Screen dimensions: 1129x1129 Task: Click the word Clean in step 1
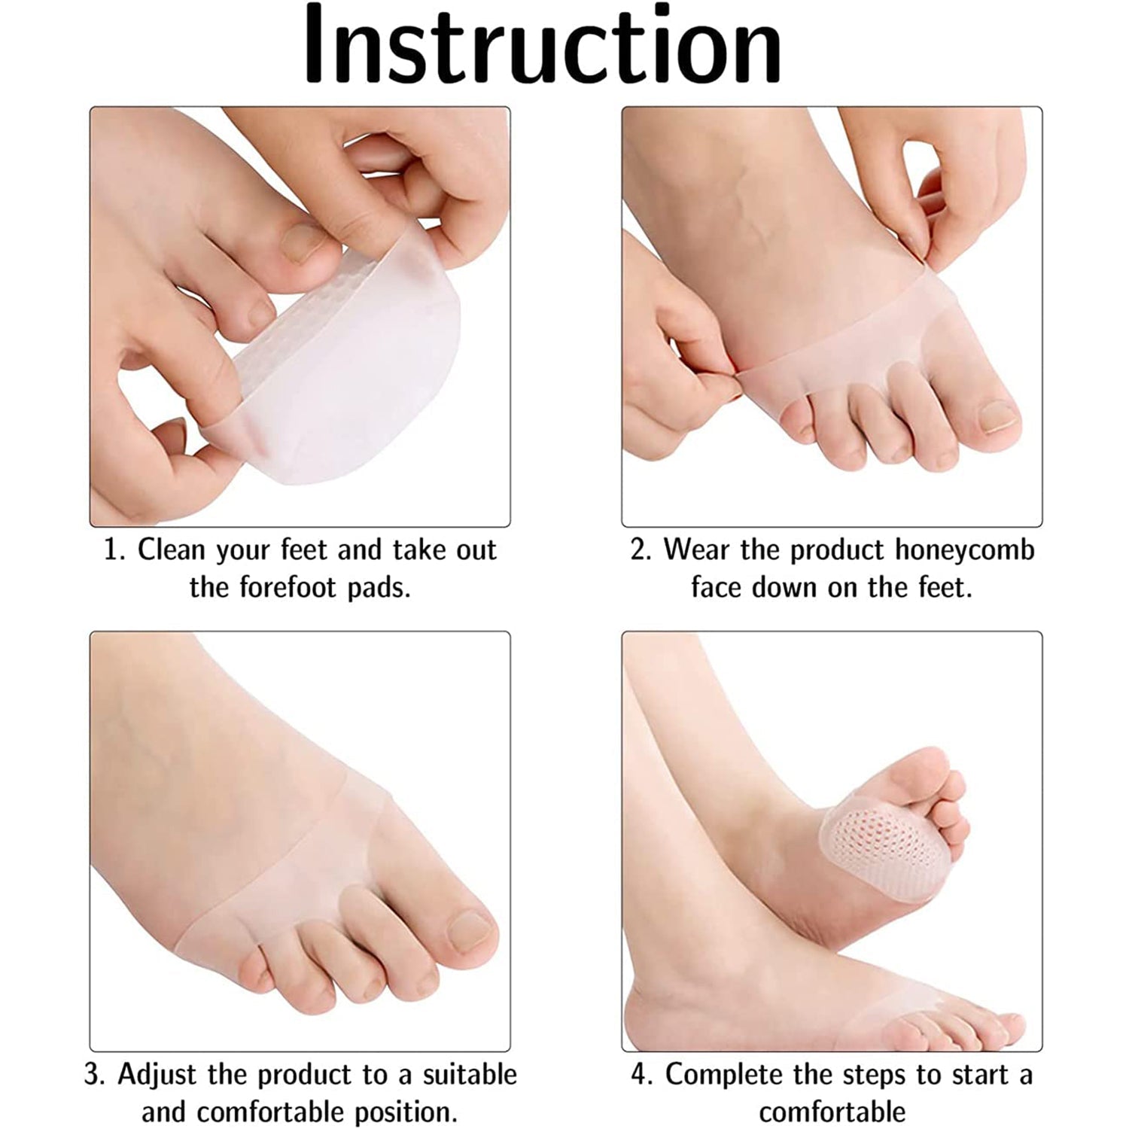171,550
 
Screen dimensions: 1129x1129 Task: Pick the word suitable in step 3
470,1075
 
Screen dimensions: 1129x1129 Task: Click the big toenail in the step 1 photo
305,242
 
